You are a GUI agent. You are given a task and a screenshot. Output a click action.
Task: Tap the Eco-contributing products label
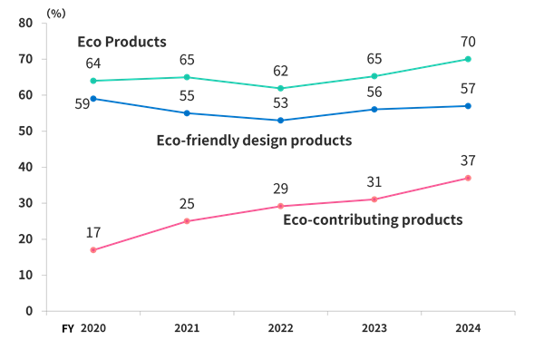click(374, 219)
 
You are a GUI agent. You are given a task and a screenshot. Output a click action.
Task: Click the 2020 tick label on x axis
click(93, 328)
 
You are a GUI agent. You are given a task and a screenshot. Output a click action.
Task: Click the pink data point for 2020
click(93, 249)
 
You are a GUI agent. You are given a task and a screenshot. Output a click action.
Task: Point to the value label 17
click(93, 232)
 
